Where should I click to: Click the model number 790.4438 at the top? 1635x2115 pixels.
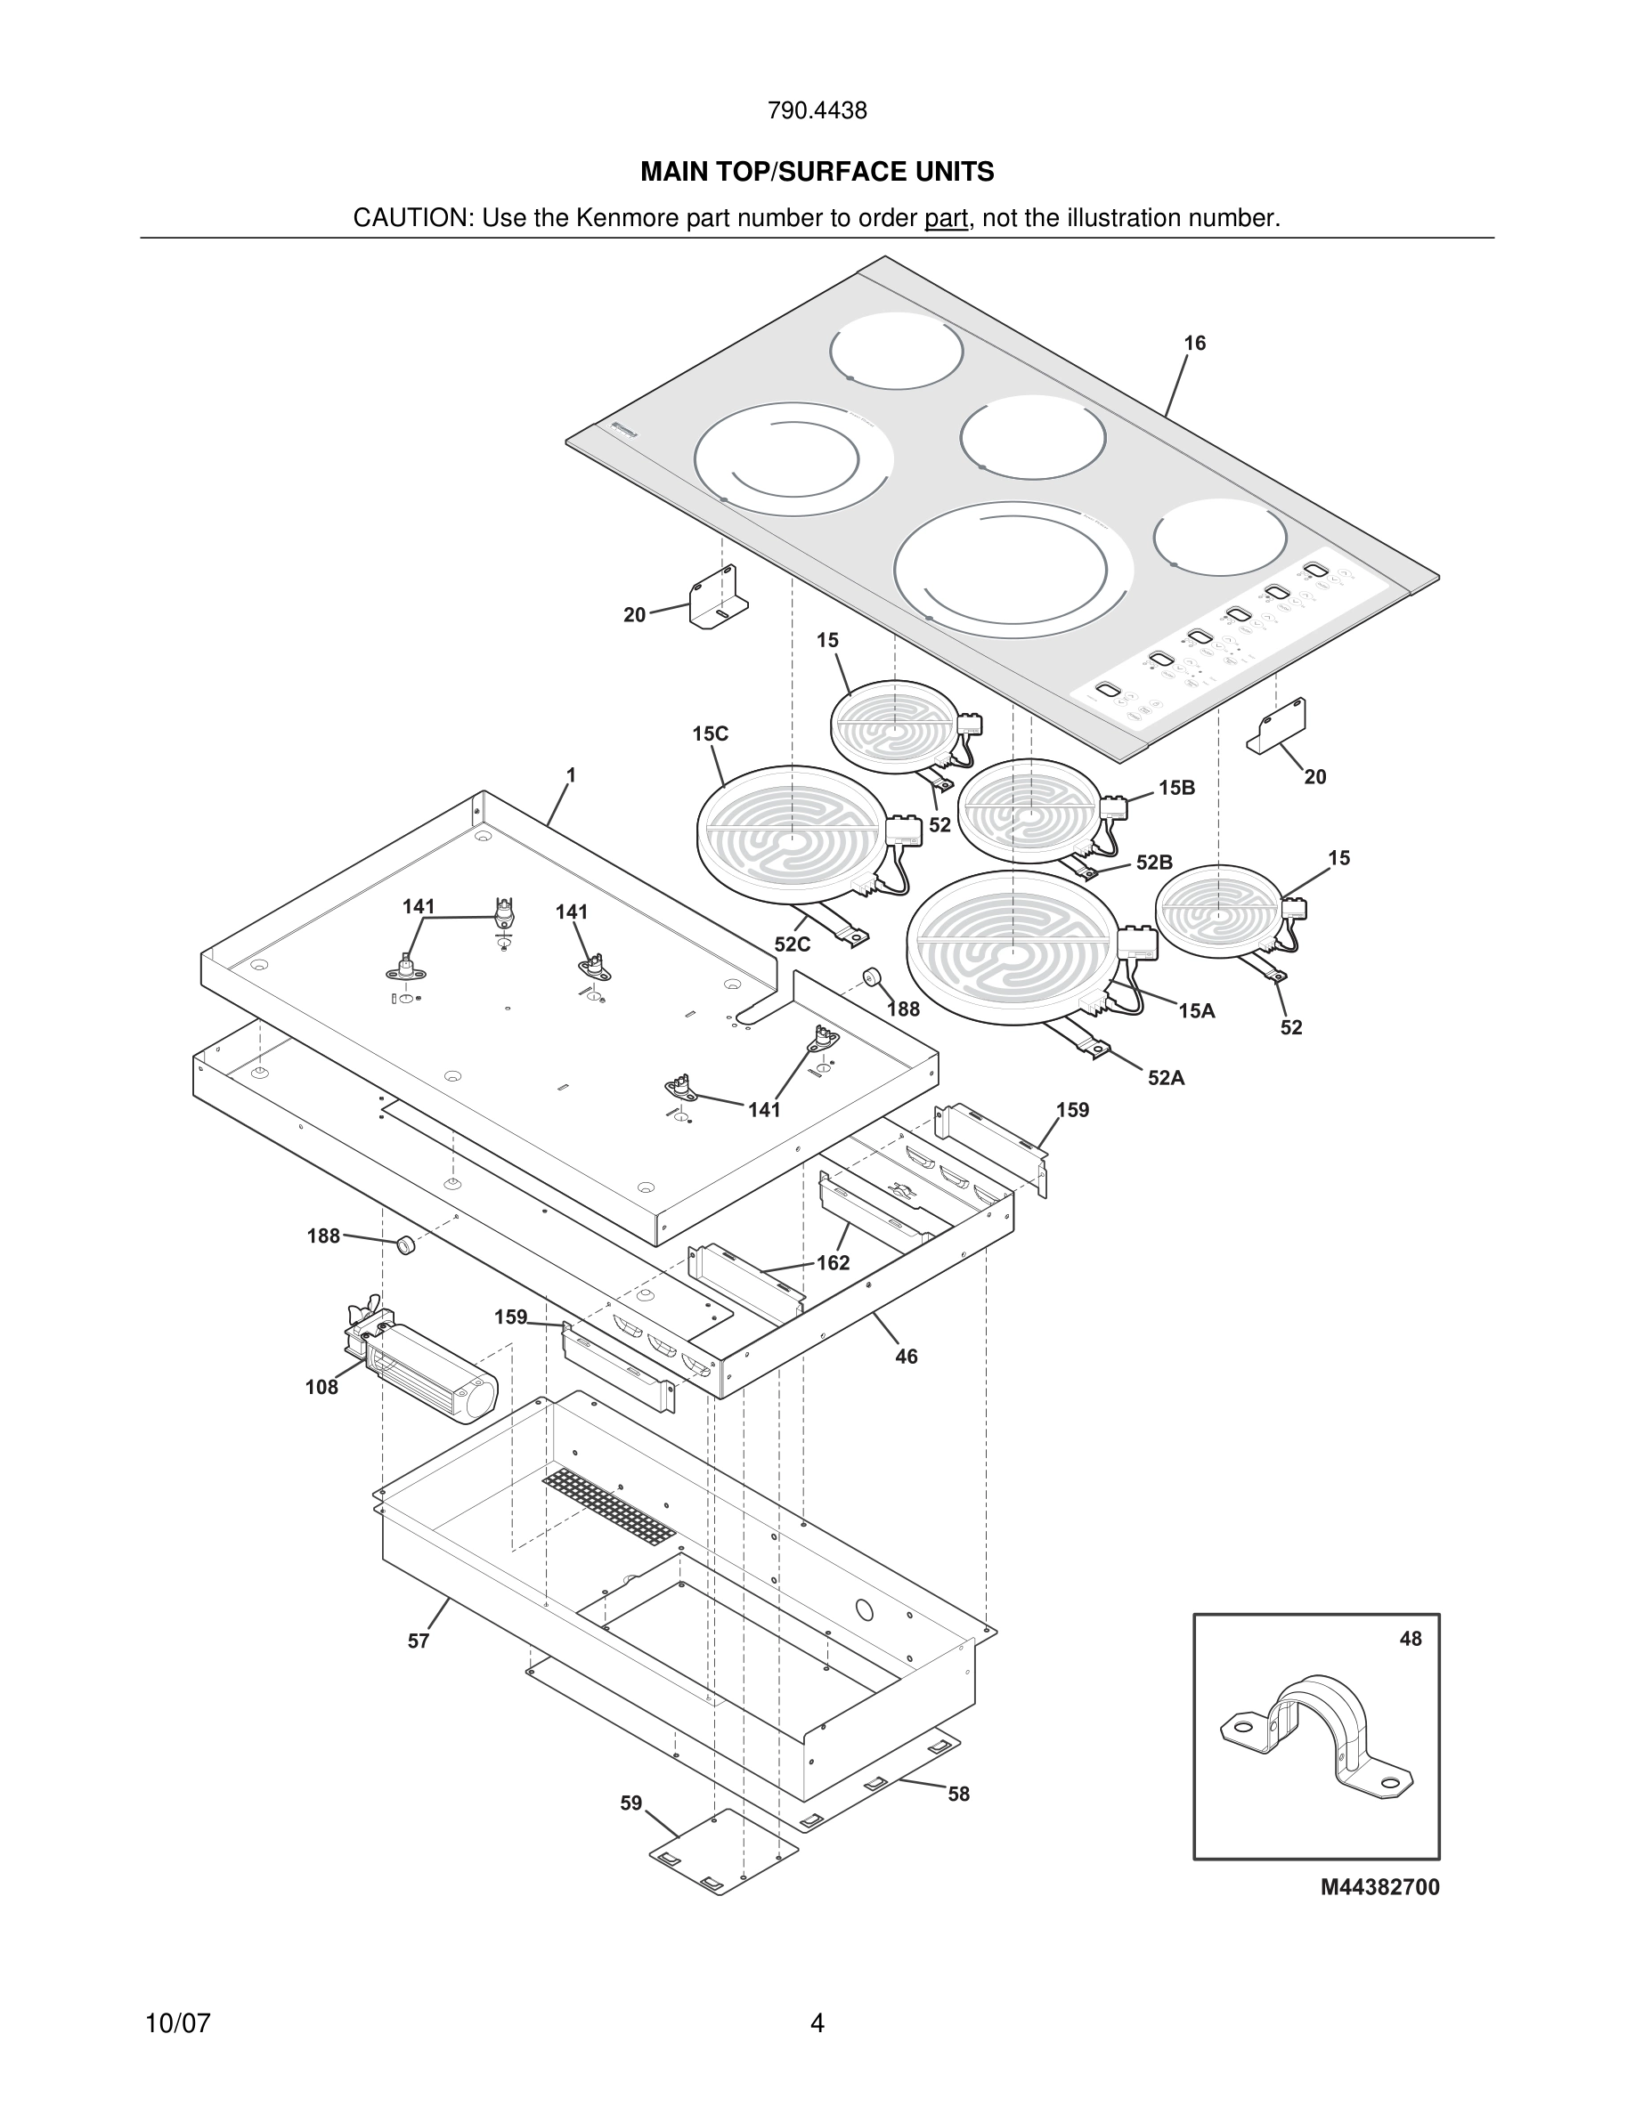pos(817,111)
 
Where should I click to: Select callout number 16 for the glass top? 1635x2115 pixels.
pos(1194,344)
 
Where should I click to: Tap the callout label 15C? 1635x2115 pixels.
pos(710,734)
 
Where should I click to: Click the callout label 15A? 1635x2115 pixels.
pos(1196,1011)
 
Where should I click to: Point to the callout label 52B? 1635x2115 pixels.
pos(1153,862)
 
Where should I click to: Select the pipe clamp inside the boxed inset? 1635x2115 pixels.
pos(1315,1731)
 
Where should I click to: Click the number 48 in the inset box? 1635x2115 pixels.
pos(1411,1639)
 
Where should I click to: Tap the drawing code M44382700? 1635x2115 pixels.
pos(1379,1886)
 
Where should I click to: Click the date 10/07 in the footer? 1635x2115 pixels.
pos(177,2023)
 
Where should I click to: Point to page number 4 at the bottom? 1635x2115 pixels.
pos(817,2023)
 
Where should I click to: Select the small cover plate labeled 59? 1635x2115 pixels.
pos(722,1851)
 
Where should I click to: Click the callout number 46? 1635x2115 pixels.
pos(906,1357)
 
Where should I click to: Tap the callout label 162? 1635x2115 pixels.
pos(832,1263)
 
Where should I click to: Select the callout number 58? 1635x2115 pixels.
pos(958,1795)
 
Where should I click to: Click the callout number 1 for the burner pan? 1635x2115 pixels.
pos(572,774)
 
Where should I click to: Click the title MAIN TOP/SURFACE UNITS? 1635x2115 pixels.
pos(817,173)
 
